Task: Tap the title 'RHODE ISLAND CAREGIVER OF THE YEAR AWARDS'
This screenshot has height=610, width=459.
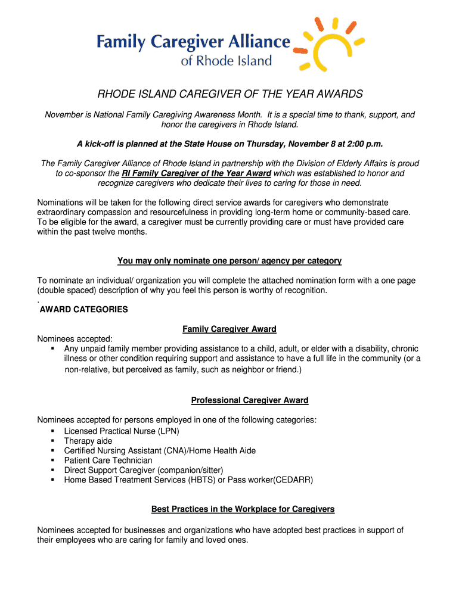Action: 230,95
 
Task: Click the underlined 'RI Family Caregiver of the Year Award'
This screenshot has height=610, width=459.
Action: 197,173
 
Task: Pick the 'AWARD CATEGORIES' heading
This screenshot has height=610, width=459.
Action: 84,310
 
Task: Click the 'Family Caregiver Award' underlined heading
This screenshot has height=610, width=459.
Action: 229,329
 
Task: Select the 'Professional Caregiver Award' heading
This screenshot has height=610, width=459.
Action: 250,400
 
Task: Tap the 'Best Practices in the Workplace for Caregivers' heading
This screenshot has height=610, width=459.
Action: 243,509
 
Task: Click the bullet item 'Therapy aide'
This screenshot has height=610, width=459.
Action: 88,441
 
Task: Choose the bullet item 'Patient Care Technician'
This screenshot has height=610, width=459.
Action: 108,460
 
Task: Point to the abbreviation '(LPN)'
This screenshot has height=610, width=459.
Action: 168,431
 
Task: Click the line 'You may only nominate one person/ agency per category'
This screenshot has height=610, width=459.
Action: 229,260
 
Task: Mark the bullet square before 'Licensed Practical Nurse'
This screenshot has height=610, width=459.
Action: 53,431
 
